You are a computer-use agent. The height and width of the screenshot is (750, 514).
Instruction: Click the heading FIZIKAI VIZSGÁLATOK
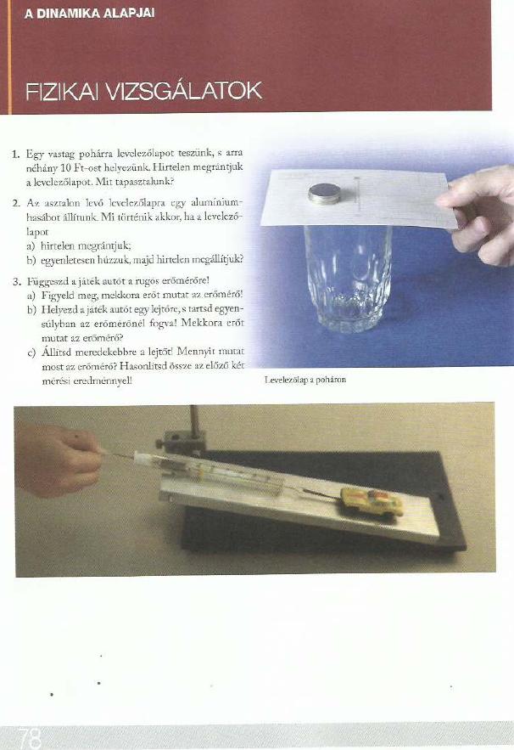[143, 91]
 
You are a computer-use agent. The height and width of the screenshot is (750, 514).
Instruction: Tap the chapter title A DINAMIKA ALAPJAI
[89, 14]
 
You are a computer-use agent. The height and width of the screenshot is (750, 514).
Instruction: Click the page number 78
[29, 738]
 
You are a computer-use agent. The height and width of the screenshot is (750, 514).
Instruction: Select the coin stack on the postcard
[324, 194]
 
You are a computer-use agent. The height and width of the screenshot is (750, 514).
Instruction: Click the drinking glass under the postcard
[348, 279]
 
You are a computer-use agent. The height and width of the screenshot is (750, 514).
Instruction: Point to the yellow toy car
[372, 501]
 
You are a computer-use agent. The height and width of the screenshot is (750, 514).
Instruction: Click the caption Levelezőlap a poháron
[305, 380]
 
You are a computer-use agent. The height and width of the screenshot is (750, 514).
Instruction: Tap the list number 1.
[16, 154]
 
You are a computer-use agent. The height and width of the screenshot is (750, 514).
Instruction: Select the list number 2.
[17, 203]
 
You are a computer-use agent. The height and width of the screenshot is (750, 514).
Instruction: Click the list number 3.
[17, 281]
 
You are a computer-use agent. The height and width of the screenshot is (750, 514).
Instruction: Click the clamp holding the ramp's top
[182, 443]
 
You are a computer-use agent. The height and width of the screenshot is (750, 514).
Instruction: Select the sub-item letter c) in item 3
[32, 353]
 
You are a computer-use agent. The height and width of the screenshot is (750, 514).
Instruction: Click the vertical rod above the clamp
[194, 420]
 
